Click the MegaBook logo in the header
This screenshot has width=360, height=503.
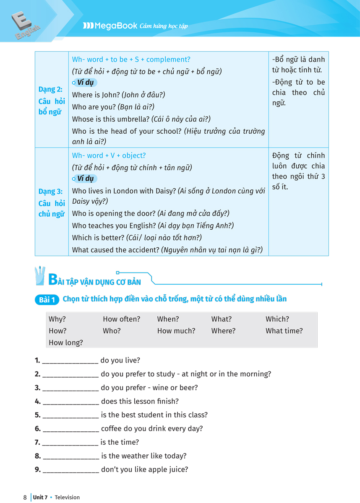click(110, 26)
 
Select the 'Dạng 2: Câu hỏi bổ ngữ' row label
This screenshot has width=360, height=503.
click(50, 101)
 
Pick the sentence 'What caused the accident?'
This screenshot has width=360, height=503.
click(116, 250)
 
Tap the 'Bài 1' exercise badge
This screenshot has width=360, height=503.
click(47, 300)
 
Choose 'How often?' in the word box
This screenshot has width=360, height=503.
click(121, 319)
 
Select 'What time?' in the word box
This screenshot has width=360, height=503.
click(284, 331)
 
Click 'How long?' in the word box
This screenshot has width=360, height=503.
click(66, 342)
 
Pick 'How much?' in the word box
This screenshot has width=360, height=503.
click(176, 331)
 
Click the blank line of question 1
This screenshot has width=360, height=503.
click(70, 361)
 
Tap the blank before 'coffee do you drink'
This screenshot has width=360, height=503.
click(70, 429)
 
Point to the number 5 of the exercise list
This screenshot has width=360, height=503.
click(37, 415)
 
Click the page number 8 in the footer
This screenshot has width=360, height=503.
click(25, 498)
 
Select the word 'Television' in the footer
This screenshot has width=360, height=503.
click(67, 498)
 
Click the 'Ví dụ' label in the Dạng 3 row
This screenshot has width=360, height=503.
click(85, 179)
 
